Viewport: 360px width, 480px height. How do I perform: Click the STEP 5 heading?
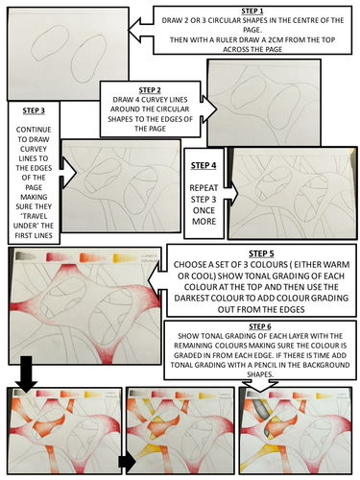pos(261,252)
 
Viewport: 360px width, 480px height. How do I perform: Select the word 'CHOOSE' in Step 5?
pos(196,266)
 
